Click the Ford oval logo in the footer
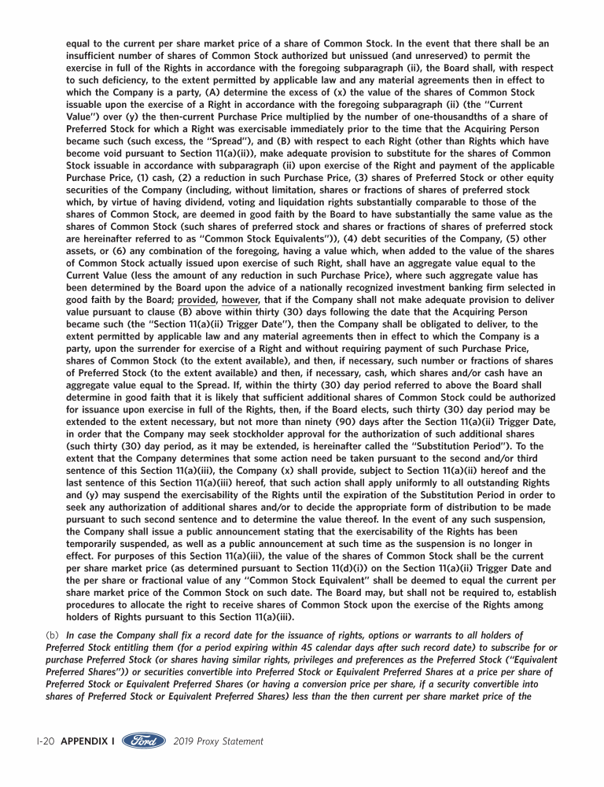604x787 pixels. click(144, 741)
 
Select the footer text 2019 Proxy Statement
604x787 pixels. click(218, 741)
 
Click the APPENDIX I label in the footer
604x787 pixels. click(87, 741)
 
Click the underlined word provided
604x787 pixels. click(197, 300)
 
